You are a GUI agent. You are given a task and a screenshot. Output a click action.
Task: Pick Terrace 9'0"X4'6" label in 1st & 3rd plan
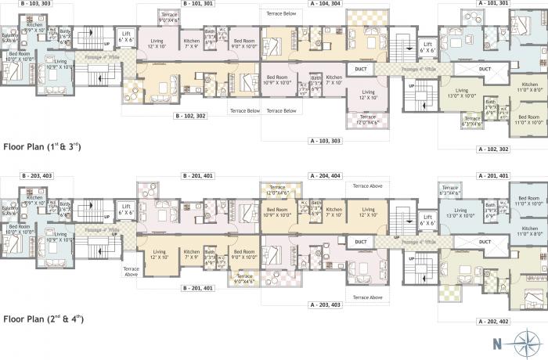pos(168,17)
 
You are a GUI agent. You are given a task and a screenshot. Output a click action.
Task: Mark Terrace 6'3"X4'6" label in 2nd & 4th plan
pos(449,190)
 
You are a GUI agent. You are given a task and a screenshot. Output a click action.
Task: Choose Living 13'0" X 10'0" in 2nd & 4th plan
pos(460,212)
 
